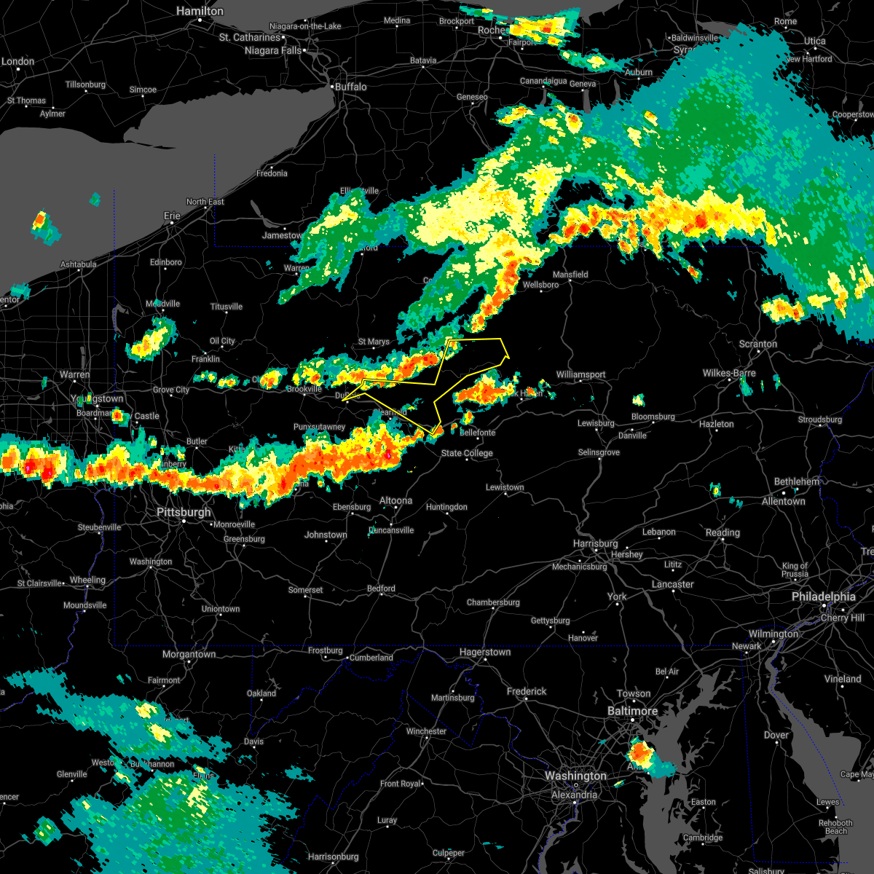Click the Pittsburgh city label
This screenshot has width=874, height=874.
click(x=184, y=512)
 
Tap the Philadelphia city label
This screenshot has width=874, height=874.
click(x=823, y=597)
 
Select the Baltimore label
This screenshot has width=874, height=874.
click(x=632, y=710)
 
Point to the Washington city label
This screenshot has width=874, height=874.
click(x=575, y=776)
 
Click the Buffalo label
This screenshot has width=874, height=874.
click(x=350, y=87)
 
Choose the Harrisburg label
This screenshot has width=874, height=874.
click(x=595, y=543)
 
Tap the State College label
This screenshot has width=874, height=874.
click(x=467, y=453)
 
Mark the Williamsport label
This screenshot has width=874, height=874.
click(x=580, y=374)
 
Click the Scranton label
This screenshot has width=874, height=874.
click(x=757, y=344)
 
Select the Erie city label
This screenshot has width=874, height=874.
click(x=172, y=216)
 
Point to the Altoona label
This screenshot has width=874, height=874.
click(x=395, y=500)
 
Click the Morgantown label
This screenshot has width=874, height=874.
click(x=189, y=654)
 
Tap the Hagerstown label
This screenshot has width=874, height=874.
click(x=484, y=652)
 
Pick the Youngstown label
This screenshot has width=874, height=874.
click(x=100, y=398)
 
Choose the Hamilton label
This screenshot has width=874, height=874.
click(x=200, y=12)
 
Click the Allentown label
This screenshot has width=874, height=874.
click(x=783, y=501)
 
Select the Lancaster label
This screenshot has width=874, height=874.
click(x=672, y=584)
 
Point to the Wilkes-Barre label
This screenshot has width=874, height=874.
click(x=729, y=373)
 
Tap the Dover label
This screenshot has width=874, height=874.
click(x=776, y=735)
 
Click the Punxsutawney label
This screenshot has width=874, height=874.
click(x=319, y=427)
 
